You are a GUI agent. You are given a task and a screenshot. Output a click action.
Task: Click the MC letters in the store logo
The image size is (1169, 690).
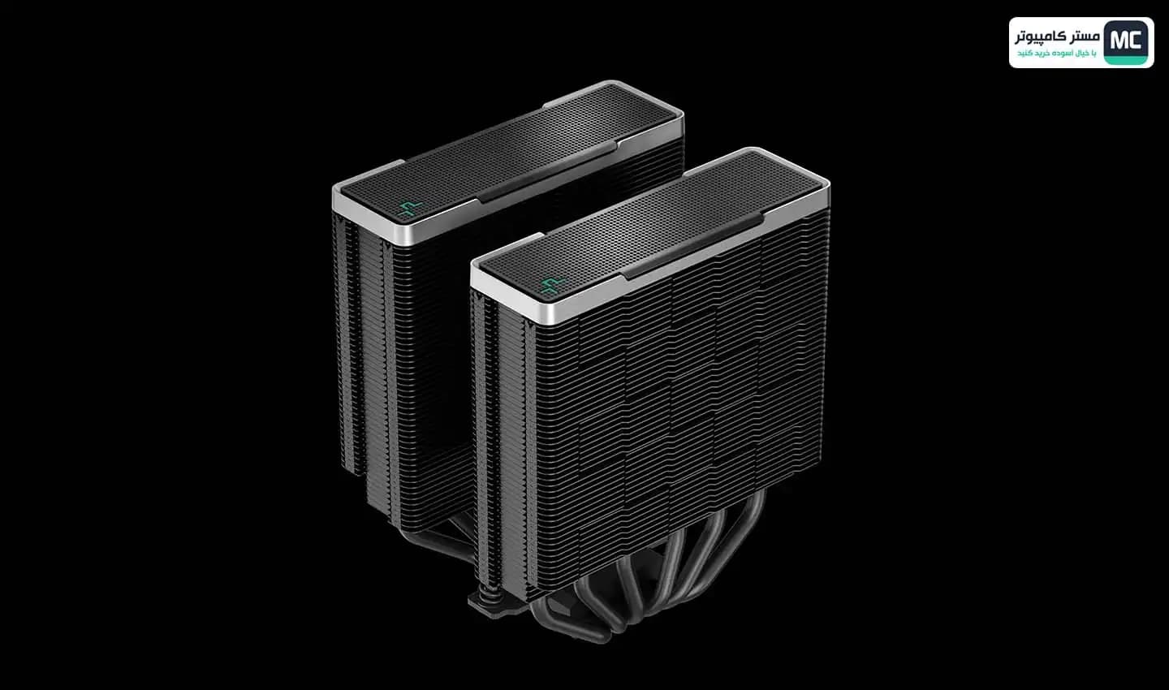click(x=1126, y=41)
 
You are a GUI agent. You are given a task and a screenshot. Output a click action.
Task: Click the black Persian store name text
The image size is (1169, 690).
click(x=1057, y=37)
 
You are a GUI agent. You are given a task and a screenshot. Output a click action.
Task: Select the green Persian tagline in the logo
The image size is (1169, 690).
click(x=1057, y=54)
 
